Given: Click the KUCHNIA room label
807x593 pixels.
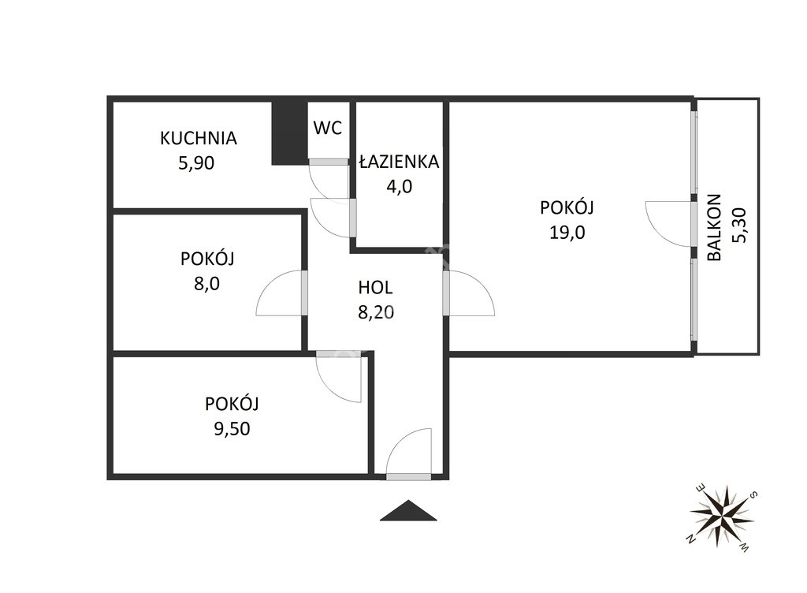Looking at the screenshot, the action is [198, 138].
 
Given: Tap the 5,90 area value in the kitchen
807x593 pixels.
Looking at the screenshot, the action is [196, 163].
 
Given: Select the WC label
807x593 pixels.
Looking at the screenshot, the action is [327, 128].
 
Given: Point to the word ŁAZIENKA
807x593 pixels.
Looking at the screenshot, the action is [399, 162].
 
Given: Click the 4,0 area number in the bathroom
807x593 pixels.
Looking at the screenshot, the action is [400, 186].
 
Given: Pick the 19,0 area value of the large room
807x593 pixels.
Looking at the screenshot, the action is [567, 233].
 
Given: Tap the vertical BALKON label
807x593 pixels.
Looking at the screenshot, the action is [714, 227].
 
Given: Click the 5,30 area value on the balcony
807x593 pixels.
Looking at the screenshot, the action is [738, 225].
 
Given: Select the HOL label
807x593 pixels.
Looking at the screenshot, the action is [375, 288].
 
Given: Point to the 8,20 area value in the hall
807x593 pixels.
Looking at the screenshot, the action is [376, 312].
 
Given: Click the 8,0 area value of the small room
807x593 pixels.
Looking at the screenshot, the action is [207, 284].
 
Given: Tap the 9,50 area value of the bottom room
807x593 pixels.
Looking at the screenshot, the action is [232, 428].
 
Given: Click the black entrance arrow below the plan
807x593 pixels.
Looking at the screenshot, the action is [408, 510].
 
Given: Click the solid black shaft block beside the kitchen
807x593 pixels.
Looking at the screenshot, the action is [290, 132].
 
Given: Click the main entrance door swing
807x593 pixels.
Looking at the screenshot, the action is [409, 451].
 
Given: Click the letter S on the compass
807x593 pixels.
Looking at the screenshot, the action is [753, 495].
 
